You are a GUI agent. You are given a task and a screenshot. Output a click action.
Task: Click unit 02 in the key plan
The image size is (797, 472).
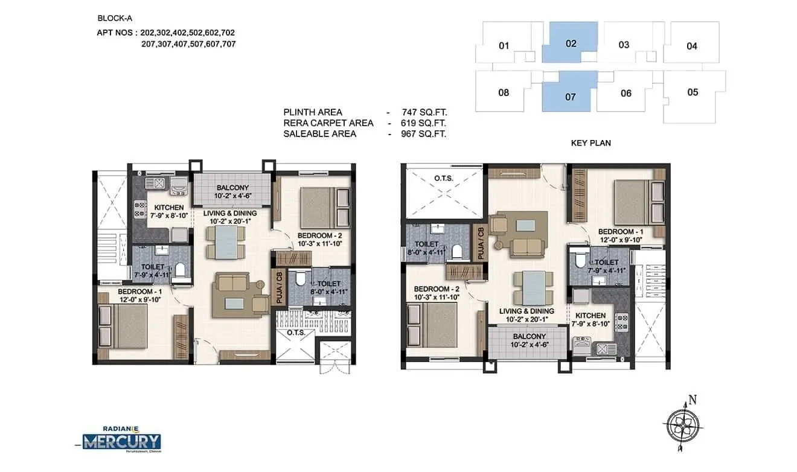click(x=571, y=43)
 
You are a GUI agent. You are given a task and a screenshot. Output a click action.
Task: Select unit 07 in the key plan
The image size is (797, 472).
click(x=570, y=96)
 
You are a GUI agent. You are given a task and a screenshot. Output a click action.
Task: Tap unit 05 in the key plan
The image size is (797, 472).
click(x=693, y=92)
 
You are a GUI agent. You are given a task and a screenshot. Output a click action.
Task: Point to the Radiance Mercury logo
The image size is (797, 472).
click(x=123, y=438)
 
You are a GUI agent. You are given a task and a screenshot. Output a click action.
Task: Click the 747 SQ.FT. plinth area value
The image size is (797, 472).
click(x=424, y=112)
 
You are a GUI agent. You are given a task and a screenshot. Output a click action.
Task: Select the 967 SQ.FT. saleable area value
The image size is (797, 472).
click(x=424, y=134)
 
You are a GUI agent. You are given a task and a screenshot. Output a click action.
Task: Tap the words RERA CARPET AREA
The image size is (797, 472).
click(x=328, y=123)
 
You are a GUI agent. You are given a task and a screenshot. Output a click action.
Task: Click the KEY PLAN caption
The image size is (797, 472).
click(x=591, y=143)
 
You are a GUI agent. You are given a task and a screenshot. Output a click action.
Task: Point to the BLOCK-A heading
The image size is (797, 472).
click(x=110, y=18)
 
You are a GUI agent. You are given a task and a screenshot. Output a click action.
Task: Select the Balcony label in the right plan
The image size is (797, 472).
click(x=529, y=336)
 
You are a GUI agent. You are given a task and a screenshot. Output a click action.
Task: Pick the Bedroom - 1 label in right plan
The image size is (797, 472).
click(x=616, y=232)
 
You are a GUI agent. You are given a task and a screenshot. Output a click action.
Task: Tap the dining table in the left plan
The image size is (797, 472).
click(x=226, y=241)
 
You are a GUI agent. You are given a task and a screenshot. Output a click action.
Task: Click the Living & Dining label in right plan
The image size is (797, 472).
click(x=527, y=311)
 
